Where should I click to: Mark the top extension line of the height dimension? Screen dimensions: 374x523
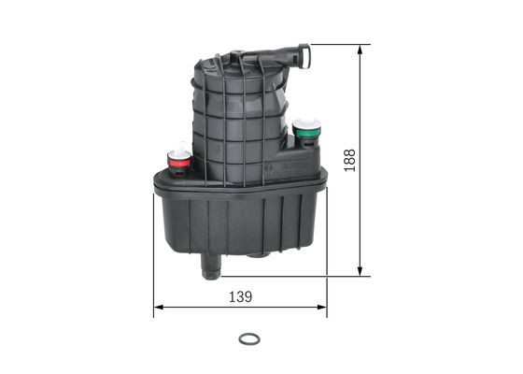336,44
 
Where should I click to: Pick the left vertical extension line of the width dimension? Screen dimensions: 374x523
154,271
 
